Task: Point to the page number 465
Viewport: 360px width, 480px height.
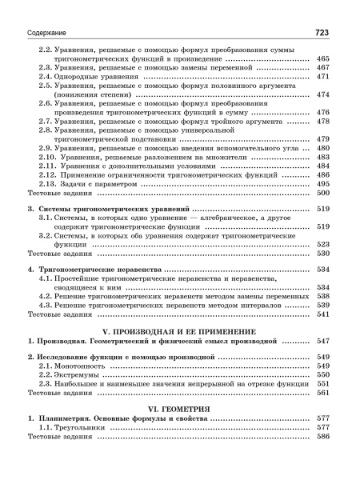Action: (323, 58)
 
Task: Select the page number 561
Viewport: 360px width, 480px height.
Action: (323, 393)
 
